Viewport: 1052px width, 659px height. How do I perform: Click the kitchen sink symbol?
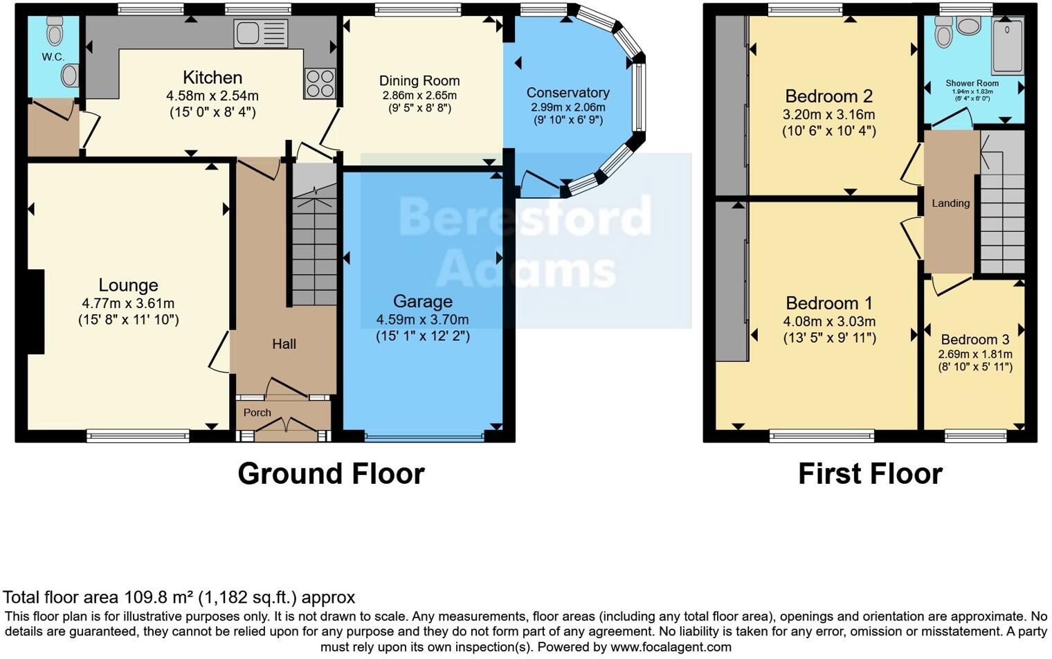pos(260,33)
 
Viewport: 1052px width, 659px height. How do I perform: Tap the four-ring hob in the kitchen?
pos(320,84)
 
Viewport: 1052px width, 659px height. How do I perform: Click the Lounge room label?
pos(128,285)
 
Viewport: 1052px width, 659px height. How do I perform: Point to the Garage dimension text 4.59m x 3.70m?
pos(422,320)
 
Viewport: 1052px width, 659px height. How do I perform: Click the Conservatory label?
pos(568,93)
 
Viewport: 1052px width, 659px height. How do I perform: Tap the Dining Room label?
pos(419,81)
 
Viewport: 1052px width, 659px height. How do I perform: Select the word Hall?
pos(284,344)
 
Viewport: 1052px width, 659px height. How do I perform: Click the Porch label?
pos(257,413)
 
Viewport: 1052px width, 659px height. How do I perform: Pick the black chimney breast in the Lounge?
pos(35,312)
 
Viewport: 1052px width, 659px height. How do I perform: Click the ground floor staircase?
pos(314,242)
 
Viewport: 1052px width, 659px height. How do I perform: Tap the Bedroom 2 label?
pos(828,96)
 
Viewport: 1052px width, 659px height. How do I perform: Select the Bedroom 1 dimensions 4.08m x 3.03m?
pos(829,322)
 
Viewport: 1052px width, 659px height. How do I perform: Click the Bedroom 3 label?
pos(974,340)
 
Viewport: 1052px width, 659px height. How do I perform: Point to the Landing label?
pos(950,204)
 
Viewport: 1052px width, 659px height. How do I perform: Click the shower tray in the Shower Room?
pos(1008,46)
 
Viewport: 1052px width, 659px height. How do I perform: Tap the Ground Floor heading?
pos(331,474)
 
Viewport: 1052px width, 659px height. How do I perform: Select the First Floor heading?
pos(870,474)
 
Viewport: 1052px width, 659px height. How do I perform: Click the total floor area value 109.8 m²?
pos(159,597)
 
